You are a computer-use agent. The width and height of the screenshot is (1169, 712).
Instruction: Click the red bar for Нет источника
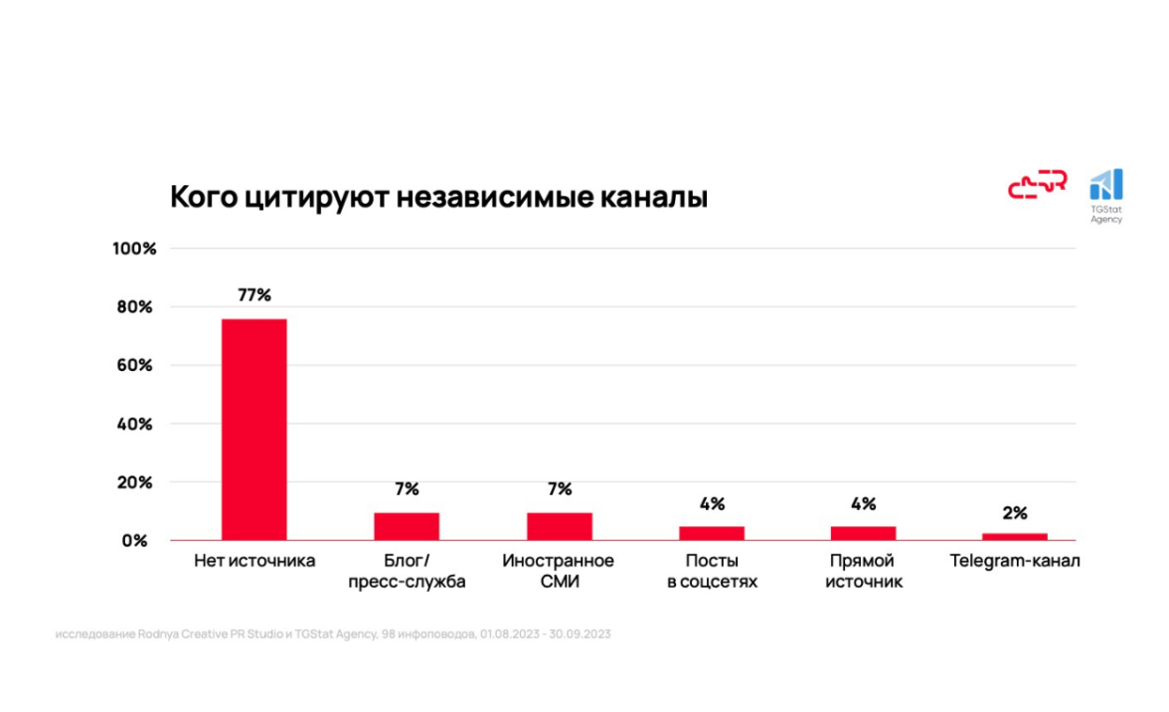point(253,429)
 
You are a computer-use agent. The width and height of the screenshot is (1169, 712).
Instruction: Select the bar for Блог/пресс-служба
point(407,526)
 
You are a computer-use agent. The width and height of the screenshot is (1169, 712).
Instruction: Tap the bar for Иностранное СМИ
point(559,526)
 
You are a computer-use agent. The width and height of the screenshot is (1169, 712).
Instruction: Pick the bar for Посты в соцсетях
point(712,532)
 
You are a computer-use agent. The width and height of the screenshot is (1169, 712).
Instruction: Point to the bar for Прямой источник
point(863,532)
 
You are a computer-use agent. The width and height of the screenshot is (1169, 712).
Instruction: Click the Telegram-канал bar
point(1015,536)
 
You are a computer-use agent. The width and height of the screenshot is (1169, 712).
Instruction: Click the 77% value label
point(253,295)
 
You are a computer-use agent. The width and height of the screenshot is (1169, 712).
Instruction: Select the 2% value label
point(1015,513)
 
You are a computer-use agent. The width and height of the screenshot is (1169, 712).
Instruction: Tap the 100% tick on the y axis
point(135,249)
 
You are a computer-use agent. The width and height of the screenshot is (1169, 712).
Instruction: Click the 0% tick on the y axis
point(135,541)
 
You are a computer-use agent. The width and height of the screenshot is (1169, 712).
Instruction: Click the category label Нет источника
point(254,561)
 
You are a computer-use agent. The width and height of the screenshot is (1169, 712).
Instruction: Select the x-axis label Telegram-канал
point(1014,561)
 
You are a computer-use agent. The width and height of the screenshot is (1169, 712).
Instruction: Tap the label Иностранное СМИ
point(559,571)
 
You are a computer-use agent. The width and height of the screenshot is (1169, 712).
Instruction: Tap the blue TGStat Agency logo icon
point(1105,185)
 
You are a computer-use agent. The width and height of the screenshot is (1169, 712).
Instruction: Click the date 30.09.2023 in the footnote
point(580,633)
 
